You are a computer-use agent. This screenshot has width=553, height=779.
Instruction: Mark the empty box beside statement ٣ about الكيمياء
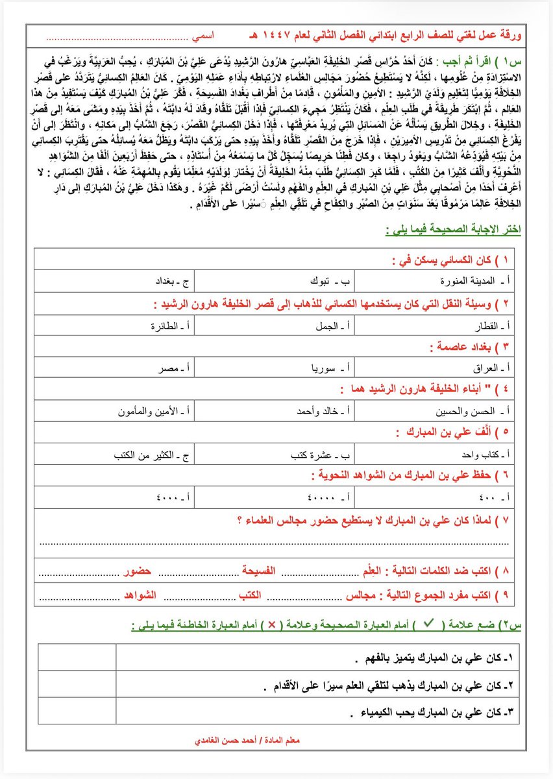point(77,711)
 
